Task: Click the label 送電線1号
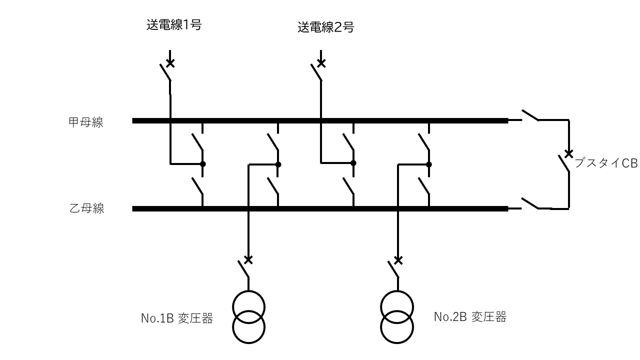coord(174,25)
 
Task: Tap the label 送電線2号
coord(325,27)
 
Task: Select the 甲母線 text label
coord(85,122)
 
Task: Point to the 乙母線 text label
coord(87,208)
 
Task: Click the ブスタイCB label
coord(605,163)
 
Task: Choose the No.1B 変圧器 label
coord(177,318)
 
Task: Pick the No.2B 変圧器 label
coord(470,317)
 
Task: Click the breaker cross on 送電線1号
coord(170,63)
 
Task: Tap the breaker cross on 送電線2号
coord(321,63)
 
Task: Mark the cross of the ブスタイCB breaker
coord(569,153)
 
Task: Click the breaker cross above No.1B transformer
coord(248,259)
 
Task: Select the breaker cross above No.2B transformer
coord(398,260)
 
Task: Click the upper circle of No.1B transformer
coord(249,291)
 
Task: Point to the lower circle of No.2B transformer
coord(397,343)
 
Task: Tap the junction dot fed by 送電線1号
coord(203,164)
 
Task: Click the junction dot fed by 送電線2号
coord(353,163)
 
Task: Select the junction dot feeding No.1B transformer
coord(278,164)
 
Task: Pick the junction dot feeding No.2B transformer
coord(429,164)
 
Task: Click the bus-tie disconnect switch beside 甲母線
coord(530,115)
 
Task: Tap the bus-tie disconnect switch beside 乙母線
coord(530,203)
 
